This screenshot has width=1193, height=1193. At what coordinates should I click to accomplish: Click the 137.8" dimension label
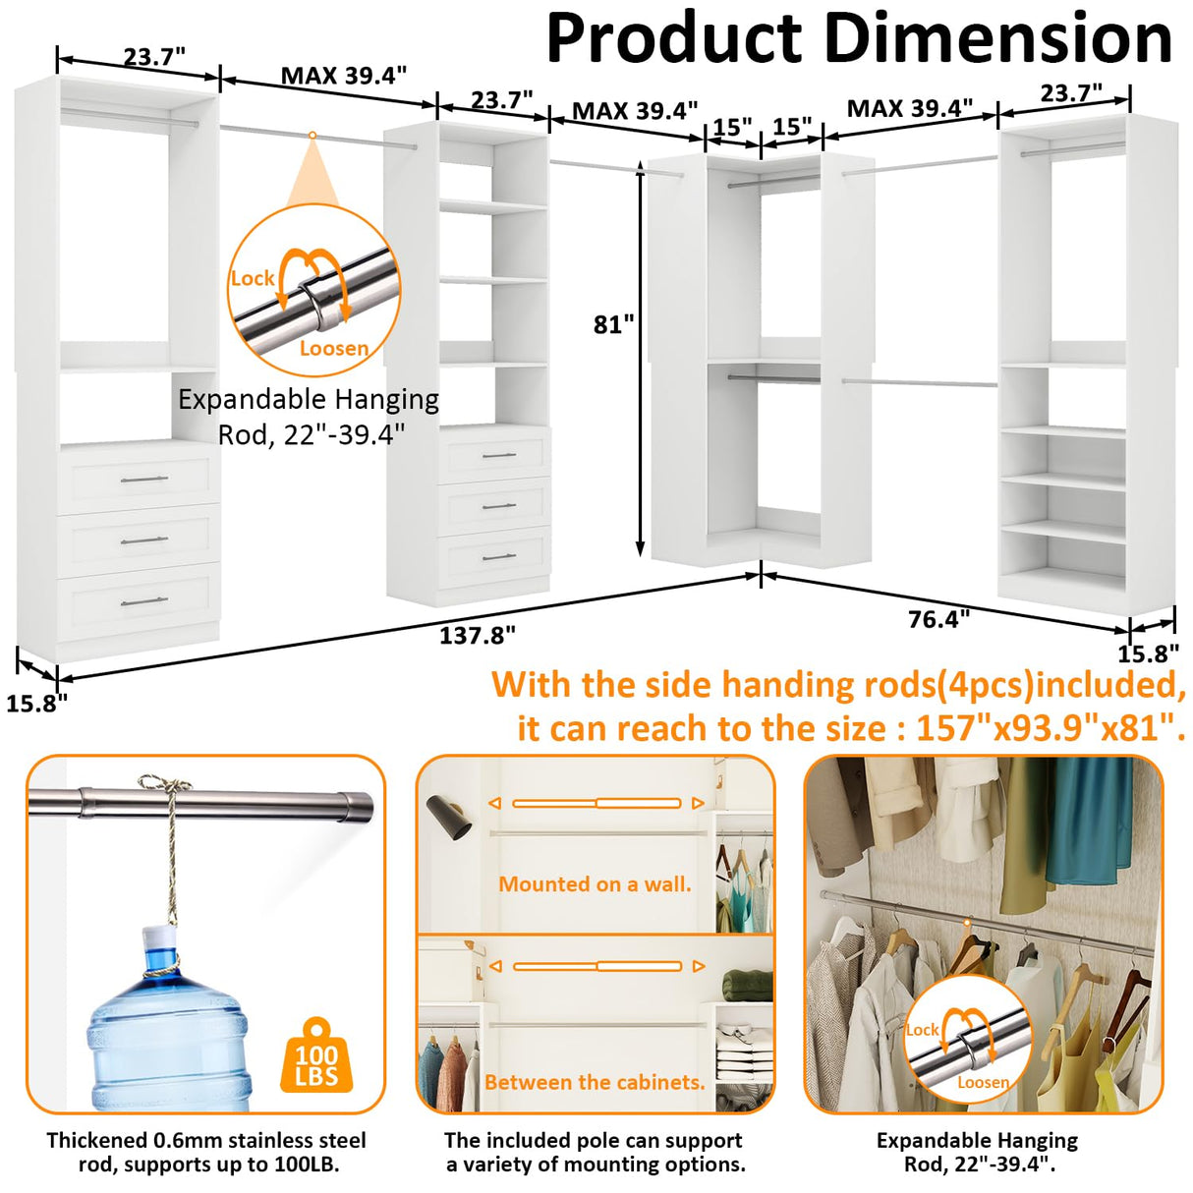(477, 636)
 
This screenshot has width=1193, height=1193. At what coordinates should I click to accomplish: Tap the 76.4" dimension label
(938, 619)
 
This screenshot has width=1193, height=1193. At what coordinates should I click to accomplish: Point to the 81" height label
(614, 324)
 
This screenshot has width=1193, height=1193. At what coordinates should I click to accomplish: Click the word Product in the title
(673, 39)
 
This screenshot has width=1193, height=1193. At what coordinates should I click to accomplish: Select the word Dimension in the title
(997, 39)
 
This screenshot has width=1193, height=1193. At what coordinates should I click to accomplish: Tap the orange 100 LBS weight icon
(316, 1056)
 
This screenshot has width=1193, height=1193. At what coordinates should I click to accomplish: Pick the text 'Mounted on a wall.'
(595, 884)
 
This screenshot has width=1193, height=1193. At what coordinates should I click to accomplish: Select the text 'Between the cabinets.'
(595, 1082)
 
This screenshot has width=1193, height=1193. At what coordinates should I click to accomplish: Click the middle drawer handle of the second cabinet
(499, 506)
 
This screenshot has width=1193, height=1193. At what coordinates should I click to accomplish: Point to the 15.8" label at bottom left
(36, 704)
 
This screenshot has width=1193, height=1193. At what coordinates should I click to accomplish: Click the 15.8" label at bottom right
(1148, 653)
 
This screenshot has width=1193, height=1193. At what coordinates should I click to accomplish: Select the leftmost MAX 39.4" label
(344, 76)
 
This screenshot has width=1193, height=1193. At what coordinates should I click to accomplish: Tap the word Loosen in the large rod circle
(334, 348)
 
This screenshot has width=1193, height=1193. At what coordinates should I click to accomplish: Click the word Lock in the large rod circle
(252, 278)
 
